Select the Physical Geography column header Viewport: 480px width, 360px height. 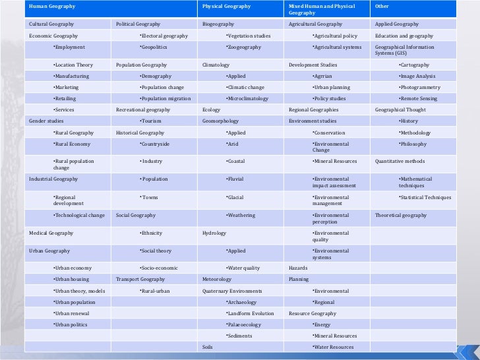coord(227,7)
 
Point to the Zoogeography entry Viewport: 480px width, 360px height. coord(243,47)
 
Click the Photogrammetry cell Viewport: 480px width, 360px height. coord(419,87)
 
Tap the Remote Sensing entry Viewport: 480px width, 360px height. coord(419,98)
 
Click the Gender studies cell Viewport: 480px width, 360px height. coord(47,121)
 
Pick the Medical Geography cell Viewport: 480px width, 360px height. coord(51,233)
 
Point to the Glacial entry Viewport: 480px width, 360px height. coord(235,197)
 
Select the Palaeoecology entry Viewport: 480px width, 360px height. coord(243,324)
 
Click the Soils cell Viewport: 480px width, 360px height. coord(208,347)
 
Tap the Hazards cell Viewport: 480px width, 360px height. coord(299,268)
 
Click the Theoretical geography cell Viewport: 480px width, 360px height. coord(401,216)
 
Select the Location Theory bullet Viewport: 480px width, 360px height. coord(73,65)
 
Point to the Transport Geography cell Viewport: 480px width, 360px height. coord(140,280)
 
